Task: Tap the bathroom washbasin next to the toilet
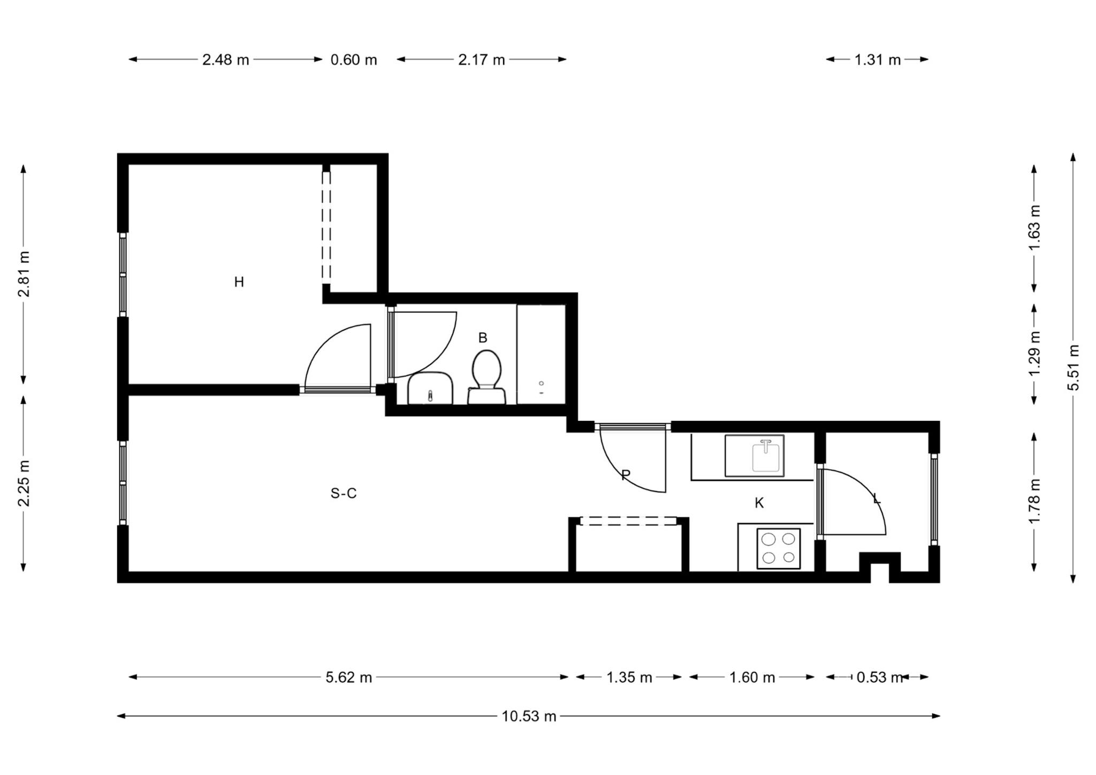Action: point(430,388)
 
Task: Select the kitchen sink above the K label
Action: point(754,456)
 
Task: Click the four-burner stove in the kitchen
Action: point(779,548)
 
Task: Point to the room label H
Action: point(239,282)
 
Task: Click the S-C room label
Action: point(344,493)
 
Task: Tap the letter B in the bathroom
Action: point(483,338)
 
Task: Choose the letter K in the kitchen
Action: point(759,503)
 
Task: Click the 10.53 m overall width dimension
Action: point(529,716)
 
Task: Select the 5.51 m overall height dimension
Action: point(1074,367)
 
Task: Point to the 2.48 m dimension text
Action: point(225,60)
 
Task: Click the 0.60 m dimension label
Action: point(354,60)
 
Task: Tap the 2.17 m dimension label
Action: point(482,60)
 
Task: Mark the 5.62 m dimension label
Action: point(349,678)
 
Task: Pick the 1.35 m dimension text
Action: point(629,678)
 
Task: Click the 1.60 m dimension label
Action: point(752,678)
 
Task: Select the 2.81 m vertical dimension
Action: point(24,274)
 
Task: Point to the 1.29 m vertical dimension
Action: point(1034,354)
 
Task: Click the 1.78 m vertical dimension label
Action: point(1034,501)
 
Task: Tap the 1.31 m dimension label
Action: point(878,60)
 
